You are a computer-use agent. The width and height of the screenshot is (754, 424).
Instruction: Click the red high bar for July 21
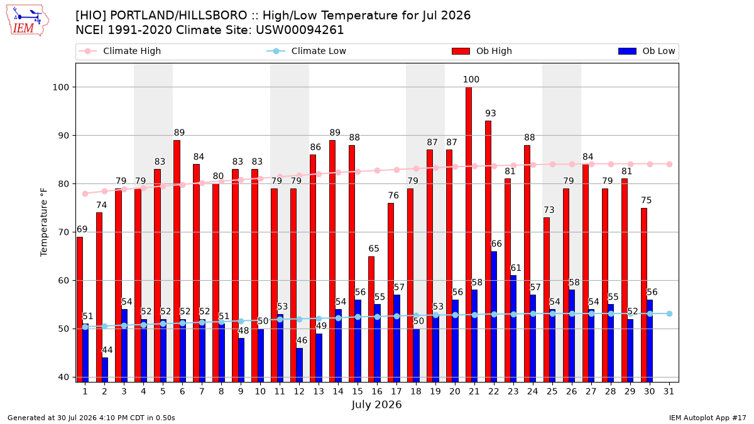pyautogui.click(x=469, y=234)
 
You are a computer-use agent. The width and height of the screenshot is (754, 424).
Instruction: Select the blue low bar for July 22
pyautogui.click(x=494, y=317)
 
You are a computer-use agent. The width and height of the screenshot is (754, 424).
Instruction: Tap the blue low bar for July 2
pyautogui.click(x=105, y=370)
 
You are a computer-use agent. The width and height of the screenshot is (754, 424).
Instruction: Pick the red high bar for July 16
pyautogui.click(x=371, y=319)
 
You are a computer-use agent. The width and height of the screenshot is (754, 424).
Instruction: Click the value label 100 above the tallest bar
pyautogui.click(x=471, y=79)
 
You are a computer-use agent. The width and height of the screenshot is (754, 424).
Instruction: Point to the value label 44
pyautogui.click(x=107, y=350)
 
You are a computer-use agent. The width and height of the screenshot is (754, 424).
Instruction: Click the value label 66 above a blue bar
pyautogui.click(x=496, y=244)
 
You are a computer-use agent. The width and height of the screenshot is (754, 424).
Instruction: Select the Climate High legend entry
pyautogui.click(x=119, y=51)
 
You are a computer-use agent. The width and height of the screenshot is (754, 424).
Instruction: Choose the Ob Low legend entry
pyautogui.click(x=647, y=51)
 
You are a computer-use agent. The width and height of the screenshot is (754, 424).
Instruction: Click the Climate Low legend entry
pyautogui.click(x=307, y=51)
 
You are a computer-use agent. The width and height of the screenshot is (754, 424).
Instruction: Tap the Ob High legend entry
pyautogui.click(x=482, y=51)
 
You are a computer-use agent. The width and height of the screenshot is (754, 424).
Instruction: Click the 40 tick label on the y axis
pyautogui.click(x=63, y=378)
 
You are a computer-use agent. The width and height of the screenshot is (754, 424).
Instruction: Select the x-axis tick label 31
pyautogui.click(x=669, y=392)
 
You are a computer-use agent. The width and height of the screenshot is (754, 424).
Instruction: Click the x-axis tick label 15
pyautogui.click(x=358, y=392)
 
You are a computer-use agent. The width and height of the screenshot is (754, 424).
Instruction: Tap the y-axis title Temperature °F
pyautogui.click(x=44, y=222)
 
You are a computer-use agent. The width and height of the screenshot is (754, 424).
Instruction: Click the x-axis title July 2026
pyautogui.click(x=376, y=405)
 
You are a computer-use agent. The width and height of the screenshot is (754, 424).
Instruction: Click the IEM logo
pyautogui.click(x=28, y=21)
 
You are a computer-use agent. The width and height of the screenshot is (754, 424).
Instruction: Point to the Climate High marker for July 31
pyautogui.click(x=670, y=164)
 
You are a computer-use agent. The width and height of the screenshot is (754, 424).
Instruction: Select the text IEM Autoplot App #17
pyautogui.click(x=708, y=418)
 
